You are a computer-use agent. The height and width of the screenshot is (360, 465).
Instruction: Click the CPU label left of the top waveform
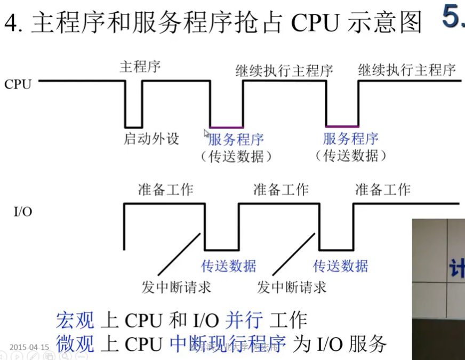click(18, 84)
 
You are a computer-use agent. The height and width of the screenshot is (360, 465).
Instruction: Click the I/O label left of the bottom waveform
click(22, 212)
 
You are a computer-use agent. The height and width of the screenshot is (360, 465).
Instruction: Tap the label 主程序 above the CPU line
click(140, 67)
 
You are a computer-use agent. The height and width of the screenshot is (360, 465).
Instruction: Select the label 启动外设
click(151, 139)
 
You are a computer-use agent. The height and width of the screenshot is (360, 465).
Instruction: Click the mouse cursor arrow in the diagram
click(206, 133)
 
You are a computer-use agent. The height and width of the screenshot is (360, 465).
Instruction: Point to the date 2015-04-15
click(29, 347)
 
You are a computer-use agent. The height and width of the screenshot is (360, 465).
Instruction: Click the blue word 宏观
click(75, 320)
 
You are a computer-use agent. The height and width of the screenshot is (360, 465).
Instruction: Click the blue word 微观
click(75, 344)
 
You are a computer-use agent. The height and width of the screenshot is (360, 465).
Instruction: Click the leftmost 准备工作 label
click(165, 189)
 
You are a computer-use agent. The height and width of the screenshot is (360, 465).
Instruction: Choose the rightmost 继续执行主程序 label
click(407, 70)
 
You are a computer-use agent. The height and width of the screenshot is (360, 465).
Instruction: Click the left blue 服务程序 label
click(236, 140)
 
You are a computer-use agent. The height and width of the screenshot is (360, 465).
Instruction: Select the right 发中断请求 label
click(291, 287)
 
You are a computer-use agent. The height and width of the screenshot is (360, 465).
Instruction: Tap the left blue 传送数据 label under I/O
click(228, 266)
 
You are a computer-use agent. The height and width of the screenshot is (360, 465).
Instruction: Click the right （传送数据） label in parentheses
click(350, 156)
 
